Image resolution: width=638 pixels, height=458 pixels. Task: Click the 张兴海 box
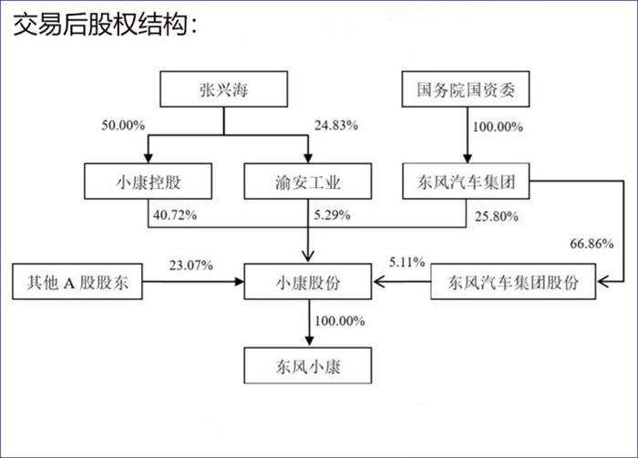(x=224, y=89)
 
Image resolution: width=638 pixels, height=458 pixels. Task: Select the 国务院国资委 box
(x=466, y=89)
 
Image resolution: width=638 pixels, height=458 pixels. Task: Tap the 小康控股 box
(x=148, y=182)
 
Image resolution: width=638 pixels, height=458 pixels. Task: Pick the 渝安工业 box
(x=308, y=182)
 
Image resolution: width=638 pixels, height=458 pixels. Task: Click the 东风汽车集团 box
(x=466, y=182)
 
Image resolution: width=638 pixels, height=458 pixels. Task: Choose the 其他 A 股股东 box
(x=77, y=282)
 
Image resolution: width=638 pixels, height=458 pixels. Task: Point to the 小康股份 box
(x=308, y=282)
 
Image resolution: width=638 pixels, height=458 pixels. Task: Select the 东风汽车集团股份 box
(x=513, y=282)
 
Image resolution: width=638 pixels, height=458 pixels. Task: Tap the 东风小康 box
(x=308, y=366)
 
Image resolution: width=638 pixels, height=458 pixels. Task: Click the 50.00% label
(x=123, y=125)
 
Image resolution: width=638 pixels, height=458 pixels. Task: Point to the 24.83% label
(x=336, y=125)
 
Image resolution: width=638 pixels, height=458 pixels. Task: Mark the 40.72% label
(x=175, y=214)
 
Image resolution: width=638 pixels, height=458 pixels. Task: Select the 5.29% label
(x=332, y=214)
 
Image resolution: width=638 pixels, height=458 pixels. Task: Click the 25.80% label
(x=497, y=216)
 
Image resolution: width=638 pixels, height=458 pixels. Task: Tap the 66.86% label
(x=592, y=244)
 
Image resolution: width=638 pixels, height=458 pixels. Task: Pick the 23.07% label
(x=191, y=265)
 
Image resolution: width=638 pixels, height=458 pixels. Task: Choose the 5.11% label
(x=406, y=262)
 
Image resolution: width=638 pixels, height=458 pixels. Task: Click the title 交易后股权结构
(x=106, y=25)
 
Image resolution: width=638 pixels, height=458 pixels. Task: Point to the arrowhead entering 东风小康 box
(x=309, y=341)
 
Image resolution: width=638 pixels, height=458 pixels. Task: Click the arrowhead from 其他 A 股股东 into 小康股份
(x=239, y=282)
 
